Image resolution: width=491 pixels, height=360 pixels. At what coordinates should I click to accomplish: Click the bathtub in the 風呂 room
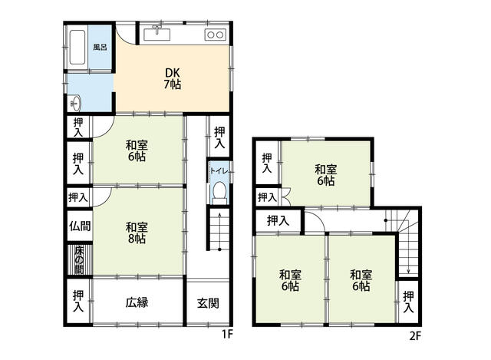[x=77, y=47]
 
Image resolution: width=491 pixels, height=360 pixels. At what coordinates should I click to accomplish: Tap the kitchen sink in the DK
[x=157, y=34]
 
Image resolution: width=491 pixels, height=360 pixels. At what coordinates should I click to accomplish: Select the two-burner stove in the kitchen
[x=216, y=35]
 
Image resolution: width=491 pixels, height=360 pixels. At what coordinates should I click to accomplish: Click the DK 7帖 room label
[x=172, y=78]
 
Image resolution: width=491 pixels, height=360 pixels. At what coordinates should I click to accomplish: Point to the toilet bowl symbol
[x=219, y=190]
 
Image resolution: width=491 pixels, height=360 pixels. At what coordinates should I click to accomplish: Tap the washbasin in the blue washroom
[x=75, y=103]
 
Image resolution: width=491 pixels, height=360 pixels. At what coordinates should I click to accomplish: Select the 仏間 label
[x=80, y=226]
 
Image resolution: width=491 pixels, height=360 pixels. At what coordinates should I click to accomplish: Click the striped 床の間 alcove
[x=80, y=260]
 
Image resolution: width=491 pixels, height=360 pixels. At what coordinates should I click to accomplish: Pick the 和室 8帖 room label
[x=137, y=233]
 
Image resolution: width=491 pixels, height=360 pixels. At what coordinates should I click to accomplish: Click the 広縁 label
[x=137, y=302]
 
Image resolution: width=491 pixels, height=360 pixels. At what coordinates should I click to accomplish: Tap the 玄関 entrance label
[x=208, y=303]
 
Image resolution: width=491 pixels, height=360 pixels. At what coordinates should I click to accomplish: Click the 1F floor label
[x=228, y=335]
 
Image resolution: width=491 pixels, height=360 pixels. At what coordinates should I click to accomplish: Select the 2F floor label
[x=415, y=336]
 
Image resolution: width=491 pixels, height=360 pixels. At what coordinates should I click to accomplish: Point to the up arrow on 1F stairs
[x=219, y=231]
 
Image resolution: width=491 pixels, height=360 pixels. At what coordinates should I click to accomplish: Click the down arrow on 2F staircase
[x=408, y=246]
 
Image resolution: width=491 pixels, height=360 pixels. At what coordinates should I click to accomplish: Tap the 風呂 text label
[x=101, y=47]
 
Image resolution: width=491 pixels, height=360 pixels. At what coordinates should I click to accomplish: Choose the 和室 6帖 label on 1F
[x=137, y=150]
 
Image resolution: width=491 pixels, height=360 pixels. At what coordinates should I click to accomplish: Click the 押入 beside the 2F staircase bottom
[x=408, y=302]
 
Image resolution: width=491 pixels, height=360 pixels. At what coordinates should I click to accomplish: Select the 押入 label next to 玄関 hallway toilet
[x=219, y=137]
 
